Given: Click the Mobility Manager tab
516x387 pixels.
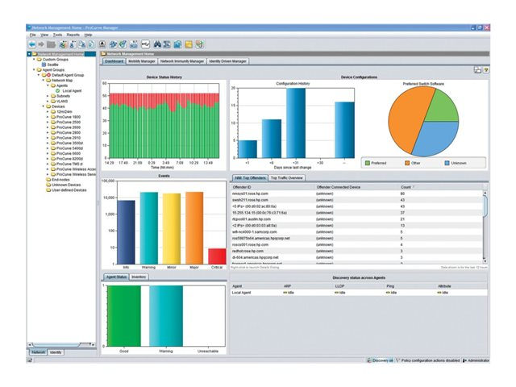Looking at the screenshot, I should pos(143,60).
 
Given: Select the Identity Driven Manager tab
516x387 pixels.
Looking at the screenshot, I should pos(228,60).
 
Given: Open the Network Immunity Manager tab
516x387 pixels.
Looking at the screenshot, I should pos(183,60).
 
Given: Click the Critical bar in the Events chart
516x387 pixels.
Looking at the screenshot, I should pos(217,256).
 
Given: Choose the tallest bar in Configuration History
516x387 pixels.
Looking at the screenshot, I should pos(296,120).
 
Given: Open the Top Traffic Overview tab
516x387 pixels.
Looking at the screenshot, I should pos(286,177).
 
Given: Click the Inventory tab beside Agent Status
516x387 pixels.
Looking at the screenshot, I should pos(139,277).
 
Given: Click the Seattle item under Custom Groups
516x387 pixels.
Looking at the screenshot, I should pos(52,64).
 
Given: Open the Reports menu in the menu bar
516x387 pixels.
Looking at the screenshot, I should pos(73,35).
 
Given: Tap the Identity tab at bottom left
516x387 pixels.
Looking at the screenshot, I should pos(56,352).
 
